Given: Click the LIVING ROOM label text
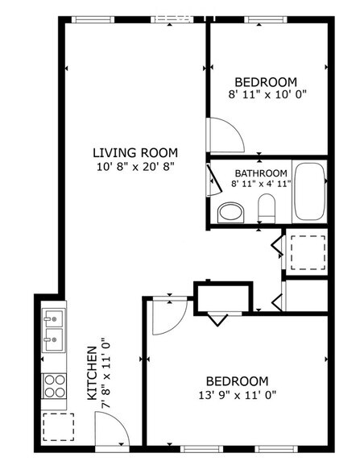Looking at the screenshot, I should pos(134,152).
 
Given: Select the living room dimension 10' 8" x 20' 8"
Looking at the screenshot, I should pos(134,166).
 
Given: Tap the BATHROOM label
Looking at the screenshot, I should pos(261,173).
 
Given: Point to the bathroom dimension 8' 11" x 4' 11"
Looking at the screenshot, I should pos(260,184).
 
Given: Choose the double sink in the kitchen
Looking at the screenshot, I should pos(53,330).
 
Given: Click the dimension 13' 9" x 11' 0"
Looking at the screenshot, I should pos(237,396).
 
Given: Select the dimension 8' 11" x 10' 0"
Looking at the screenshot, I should pos(267,94).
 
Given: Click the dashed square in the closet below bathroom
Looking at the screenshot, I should pos(305,251).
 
